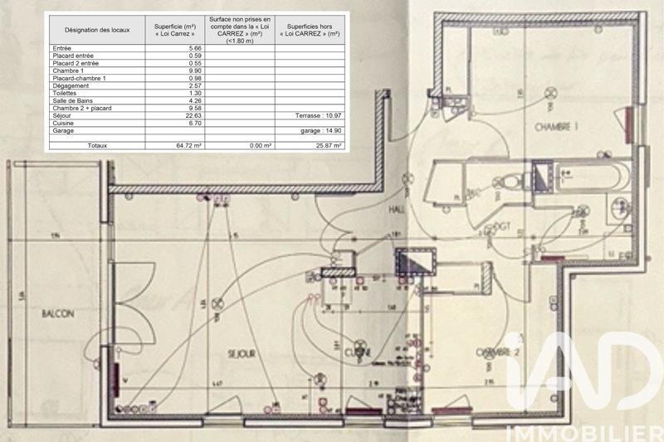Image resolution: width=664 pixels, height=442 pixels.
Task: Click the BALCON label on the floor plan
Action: pyautogui.click(x=56, y=314)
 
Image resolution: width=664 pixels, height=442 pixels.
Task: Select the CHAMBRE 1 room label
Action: pyautogui.click(x=555, y=127)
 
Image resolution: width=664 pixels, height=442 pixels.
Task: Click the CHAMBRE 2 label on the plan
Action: pyautogui.click(x=497, y=352)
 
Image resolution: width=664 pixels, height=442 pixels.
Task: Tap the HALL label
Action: pyautogui.click(x=398, y=211)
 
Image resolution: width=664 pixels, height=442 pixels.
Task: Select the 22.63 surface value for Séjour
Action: pyautogui.click(x=190, y=116)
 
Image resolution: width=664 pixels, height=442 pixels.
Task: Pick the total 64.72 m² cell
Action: pyautogui.click(x=188, y=145)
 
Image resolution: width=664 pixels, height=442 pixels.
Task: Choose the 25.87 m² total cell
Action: pyautogui.click(x=323, y=145)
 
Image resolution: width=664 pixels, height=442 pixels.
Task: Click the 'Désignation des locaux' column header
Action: pyautogui.click(x=96, y=30)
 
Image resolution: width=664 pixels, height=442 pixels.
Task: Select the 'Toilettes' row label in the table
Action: pyautogui.click(x=66, y=94)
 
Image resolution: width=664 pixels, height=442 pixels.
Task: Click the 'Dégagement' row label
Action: pyautogui.click(x=70, y=86)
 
